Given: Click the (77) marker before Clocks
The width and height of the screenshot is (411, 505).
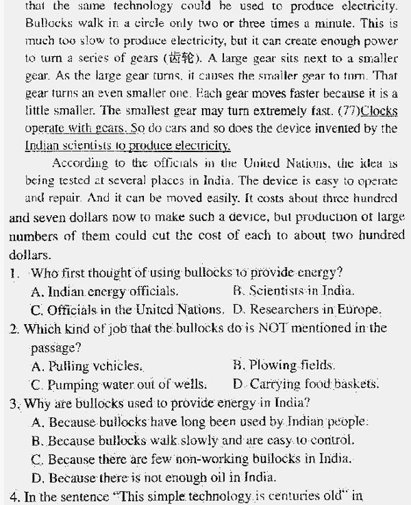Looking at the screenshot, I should (x=347, y=111).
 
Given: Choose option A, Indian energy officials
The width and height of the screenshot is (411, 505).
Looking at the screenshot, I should (x=104, y=291).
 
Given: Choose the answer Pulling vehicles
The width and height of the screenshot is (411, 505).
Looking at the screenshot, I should (x=87, y=366).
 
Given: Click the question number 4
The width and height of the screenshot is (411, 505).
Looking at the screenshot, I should (x=15, y=495).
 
